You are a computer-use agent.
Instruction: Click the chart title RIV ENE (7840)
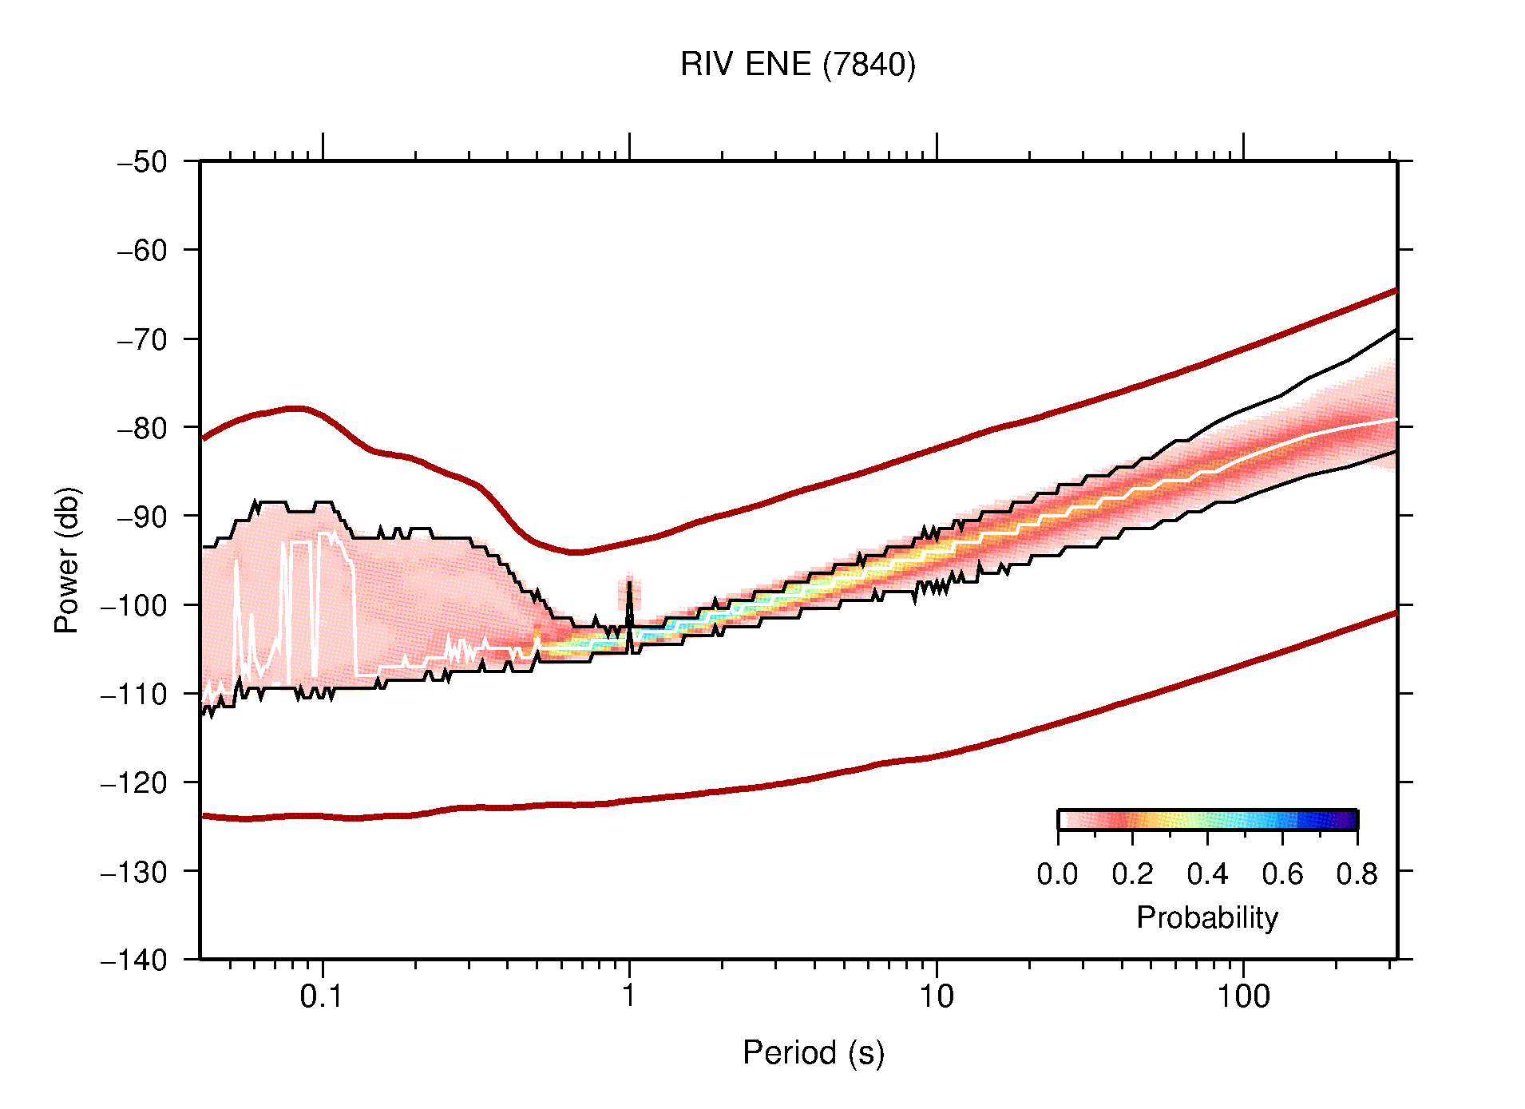coord(798,64)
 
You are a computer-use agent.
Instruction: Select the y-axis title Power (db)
coord(67,560)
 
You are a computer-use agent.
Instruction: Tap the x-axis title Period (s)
coord(813,1052)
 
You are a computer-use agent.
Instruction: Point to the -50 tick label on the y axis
coord(142,162)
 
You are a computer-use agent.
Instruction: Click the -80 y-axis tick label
coord(142,428)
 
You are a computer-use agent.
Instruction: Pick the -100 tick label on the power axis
coord(134,605)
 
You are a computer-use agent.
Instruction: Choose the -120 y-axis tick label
coord(134,782)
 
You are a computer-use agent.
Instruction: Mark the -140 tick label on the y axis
coord(134,960)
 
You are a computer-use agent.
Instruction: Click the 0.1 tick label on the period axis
coord(322,996)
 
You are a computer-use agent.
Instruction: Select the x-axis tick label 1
coord(629,996)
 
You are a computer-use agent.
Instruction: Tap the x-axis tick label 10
coord(936,996)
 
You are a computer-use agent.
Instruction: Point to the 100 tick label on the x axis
coord(1242,996)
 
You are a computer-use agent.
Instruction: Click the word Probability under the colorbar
coord(1206,917)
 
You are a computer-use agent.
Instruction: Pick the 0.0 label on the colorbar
coord(1057,874)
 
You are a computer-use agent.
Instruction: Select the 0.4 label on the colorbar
coord(1207,874)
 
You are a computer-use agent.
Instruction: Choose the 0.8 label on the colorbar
coord(1357,874)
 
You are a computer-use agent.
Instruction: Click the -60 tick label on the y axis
coord(142,251)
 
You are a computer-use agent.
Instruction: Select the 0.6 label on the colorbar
coord(1282,874)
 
